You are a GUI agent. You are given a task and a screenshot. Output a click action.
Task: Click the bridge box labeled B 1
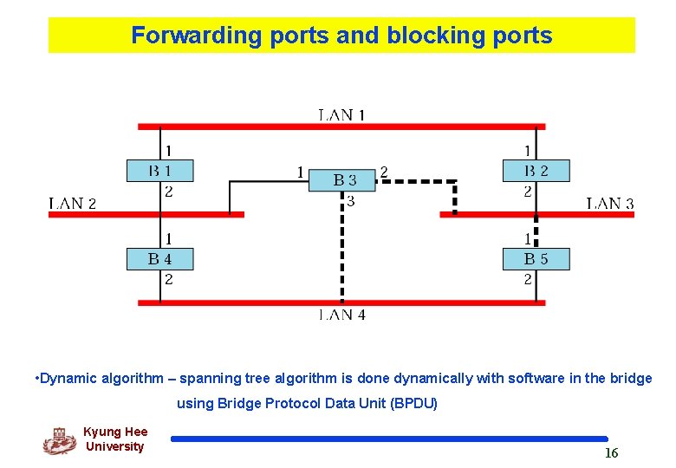[x=160, y=170]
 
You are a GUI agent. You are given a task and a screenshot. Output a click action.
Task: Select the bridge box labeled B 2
[x=525, y=170]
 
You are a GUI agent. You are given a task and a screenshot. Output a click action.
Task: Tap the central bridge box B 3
[x=345, y=180]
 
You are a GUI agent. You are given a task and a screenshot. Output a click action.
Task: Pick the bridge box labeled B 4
[x=160, y=258]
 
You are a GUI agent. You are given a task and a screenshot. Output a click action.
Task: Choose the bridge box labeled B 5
[x=525, y=258]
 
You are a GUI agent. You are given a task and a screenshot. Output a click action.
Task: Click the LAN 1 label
[x=341, y=114]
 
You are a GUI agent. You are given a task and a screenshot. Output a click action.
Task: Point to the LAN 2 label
[x=73, y=204]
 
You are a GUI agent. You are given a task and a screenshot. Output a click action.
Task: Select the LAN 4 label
[x=341, y=315]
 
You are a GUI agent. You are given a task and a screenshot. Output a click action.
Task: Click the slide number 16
[x=611, y=453]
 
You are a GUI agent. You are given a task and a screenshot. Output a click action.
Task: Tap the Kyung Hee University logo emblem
[x=59, y=441]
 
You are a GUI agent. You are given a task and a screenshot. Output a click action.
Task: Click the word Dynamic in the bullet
[x=68, y=378]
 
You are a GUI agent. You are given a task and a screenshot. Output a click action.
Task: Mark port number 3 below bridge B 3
[x=350, y=202]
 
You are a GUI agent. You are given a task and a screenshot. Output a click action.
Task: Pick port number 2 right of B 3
[x=384, y=172]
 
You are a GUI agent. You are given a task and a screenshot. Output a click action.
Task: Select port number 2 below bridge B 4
[x=168, y=279]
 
